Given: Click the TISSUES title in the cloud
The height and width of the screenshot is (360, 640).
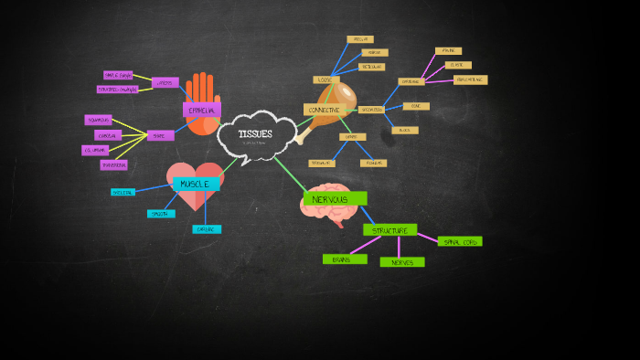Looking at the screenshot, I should [x=255, y=133].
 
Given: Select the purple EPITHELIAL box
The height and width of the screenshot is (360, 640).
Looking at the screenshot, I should [x=202, y=111].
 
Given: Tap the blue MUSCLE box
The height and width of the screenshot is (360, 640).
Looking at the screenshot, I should [x=196, y=184].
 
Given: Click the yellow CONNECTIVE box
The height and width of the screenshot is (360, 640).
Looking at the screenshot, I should [x=324, y=110].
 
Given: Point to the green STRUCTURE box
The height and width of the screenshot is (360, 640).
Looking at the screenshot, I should [x=389, y=230].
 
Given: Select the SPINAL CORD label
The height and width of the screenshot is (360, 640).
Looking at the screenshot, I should [x=460, y=241].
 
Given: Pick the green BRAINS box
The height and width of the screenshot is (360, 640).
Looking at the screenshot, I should [x=344, y=259].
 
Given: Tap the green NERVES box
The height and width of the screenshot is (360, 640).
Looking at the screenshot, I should [x=402, y=262].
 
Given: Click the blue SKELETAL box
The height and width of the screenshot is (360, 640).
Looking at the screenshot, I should [x=123, y=193].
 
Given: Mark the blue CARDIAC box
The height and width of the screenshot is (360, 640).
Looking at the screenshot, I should [x=207, y=229].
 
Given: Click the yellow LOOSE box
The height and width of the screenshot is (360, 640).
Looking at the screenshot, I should [x=325, y=80].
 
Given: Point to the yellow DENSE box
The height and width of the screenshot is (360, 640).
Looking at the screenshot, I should [x=352, y=137].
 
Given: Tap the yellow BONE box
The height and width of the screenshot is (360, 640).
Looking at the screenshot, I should [x=416, y=106].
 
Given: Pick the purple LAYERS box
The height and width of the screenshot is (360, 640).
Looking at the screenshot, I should [x=165, y=82].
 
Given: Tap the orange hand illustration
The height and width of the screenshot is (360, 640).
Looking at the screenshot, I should [x=202, y=90].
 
